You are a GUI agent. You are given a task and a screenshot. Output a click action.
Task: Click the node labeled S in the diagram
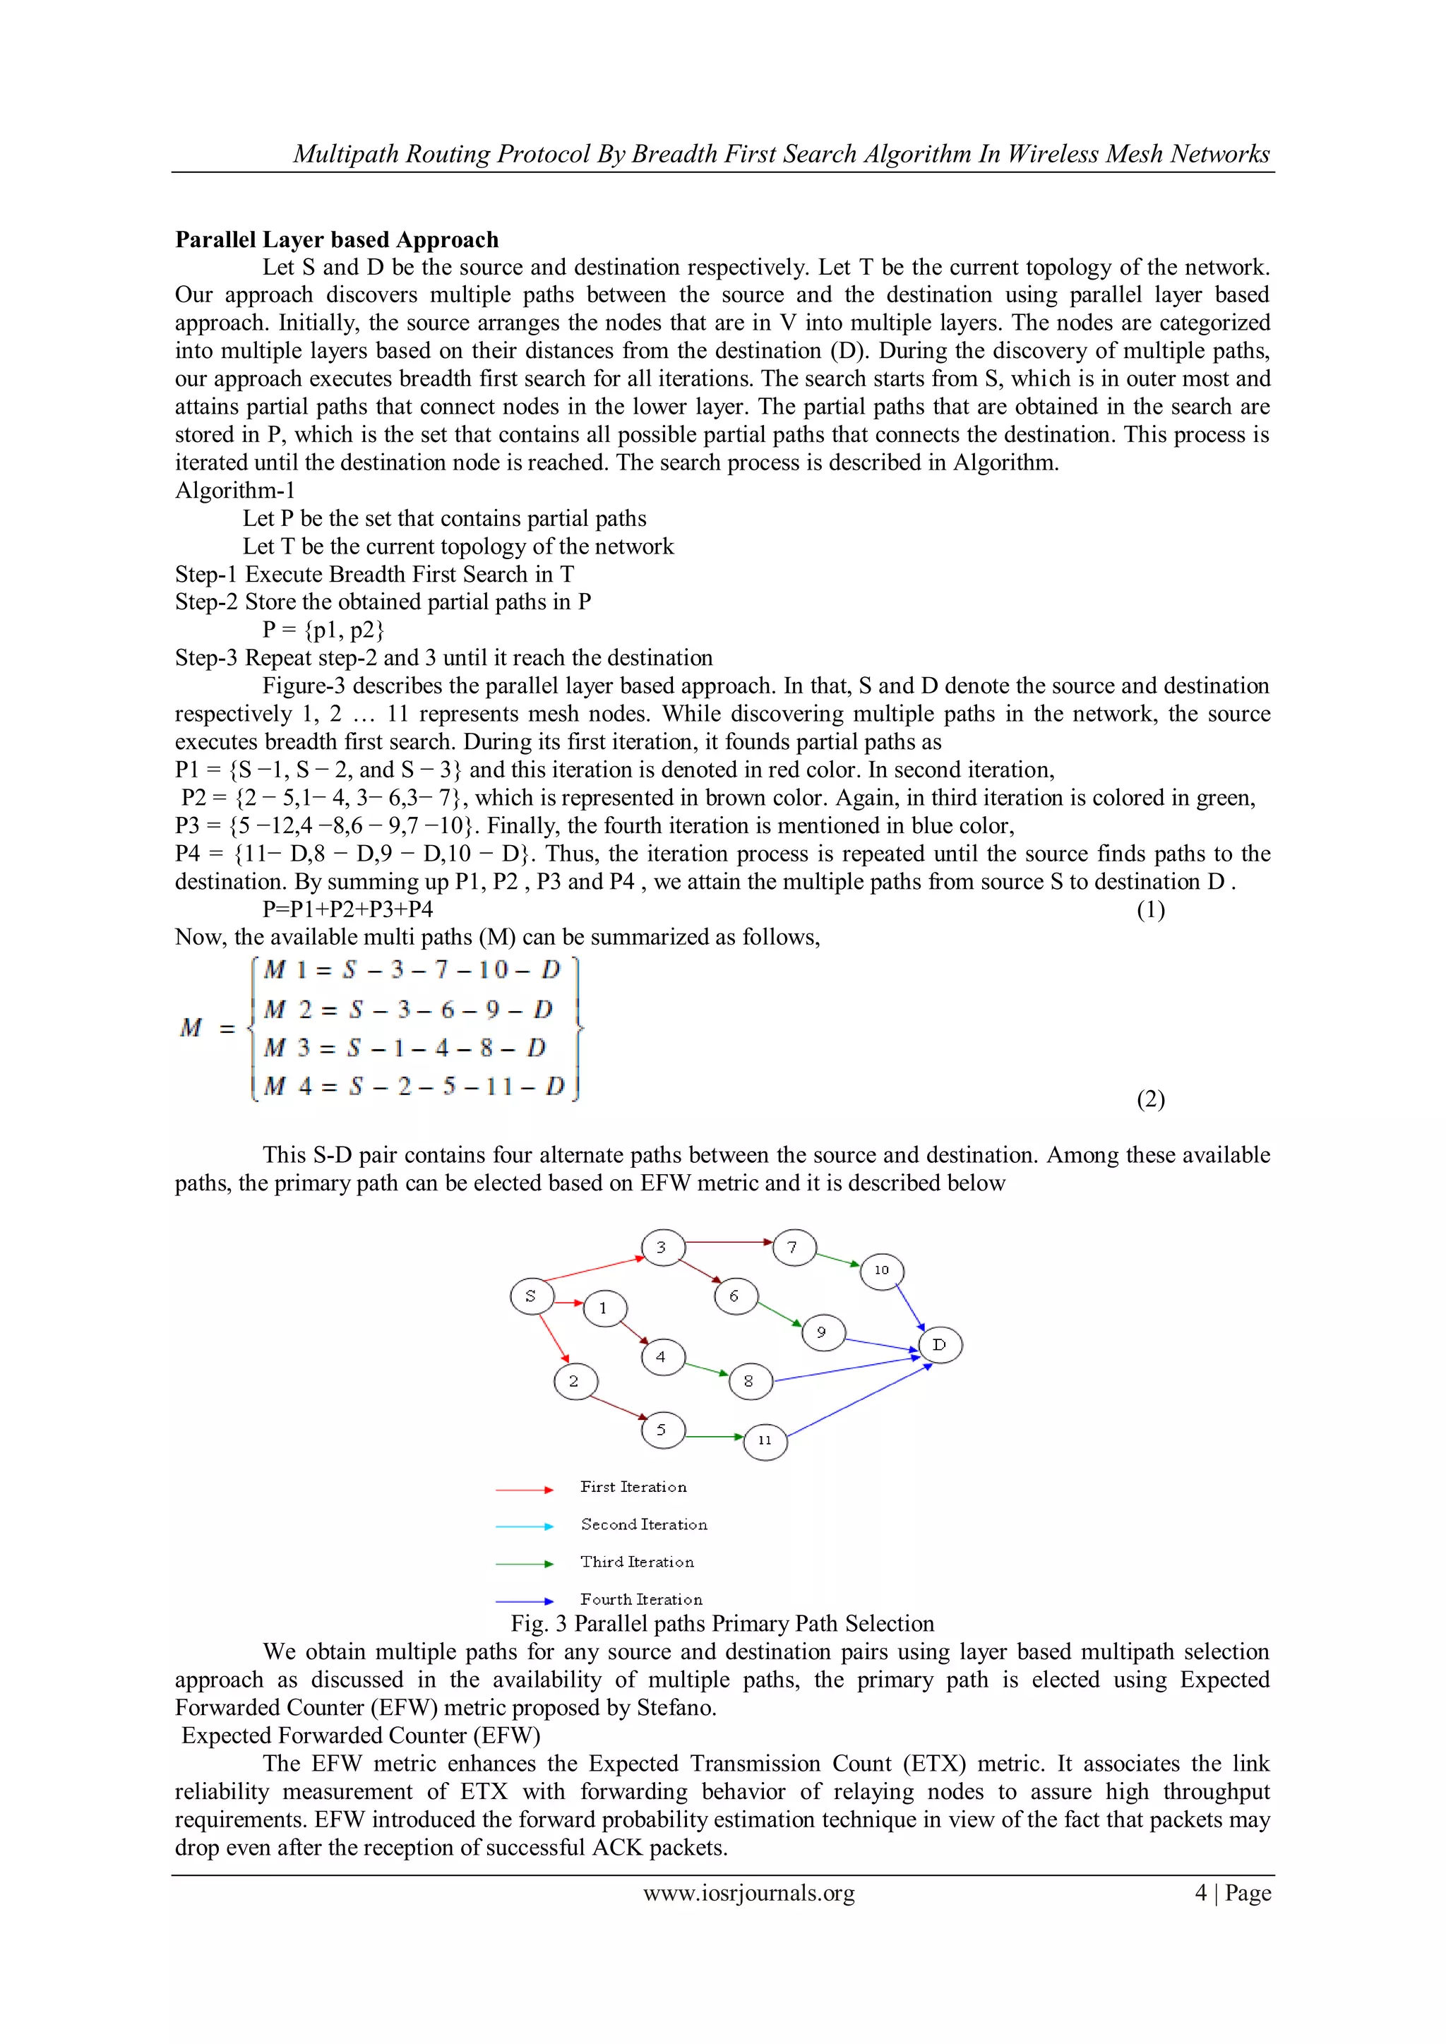[532, 1296]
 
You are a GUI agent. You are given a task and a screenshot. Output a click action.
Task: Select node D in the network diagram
[939, 1344]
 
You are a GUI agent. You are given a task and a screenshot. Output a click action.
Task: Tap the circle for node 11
[765, 1440]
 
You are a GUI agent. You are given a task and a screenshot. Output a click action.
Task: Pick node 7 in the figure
[794, 1248]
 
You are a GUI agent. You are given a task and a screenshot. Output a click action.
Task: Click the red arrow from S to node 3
[594, 1269]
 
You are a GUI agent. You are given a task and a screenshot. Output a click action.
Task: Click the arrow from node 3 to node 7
[729, 1242]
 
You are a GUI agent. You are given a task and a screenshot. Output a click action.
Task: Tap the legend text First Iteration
[633, 1487]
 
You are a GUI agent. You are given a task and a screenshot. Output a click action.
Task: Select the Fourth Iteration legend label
[641, 1600]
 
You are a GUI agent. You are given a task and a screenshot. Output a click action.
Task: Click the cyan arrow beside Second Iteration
[525, 1526]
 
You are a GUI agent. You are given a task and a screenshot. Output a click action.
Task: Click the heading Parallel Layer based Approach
[337, 239]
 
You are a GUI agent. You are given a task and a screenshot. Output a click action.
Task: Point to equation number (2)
[1150, 1099]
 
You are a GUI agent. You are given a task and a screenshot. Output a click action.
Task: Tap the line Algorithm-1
[235, 491]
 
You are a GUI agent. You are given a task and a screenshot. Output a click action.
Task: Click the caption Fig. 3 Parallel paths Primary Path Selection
[722, 1623]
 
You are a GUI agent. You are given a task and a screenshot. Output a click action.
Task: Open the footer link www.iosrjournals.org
[749, 1893]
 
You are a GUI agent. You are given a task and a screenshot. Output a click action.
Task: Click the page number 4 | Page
[1232, 1893]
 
